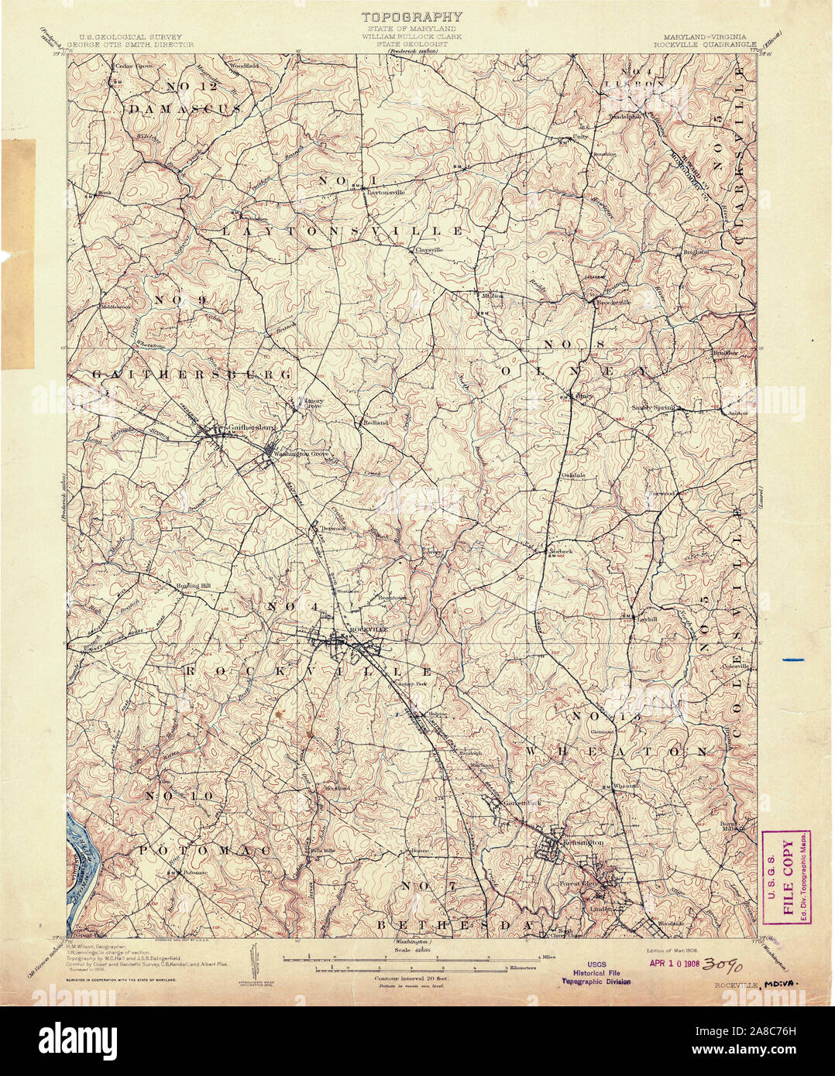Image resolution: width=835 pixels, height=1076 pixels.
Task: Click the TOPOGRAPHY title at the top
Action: (x=411, y=16)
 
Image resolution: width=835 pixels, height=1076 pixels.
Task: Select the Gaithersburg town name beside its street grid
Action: (x=251, y=427)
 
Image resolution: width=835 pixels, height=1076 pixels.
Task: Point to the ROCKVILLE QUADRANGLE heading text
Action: (x=703, y=44)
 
